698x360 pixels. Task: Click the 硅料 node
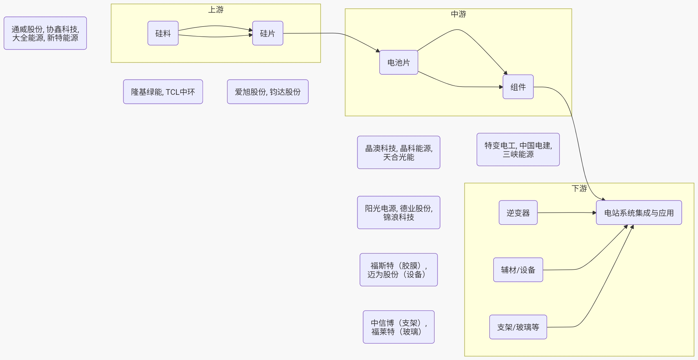[x=163, y=33]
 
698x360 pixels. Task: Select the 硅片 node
[x=268, y=33]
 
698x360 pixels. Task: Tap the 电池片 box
[x=398, y=62]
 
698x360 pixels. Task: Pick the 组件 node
[x=518, y=87]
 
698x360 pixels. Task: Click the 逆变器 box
[x=518, y=213]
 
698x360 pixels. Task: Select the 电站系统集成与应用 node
[x=639, y=213]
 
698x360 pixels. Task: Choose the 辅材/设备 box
[x=518, y=270]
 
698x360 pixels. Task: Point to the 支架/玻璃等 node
[x=518, y=327]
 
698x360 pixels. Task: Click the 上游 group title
[x=216, y=10]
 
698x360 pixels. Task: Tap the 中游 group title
[x=458, y=14]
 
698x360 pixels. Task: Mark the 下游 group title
[x=579, y=188]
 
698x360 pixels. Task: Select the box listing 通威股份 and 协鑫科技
[x=45, y=33]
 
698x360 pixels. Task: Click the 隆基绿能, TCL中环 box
[x=163, y=92]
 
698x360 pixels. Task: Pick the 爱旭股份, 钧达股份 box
[x=268, y=92]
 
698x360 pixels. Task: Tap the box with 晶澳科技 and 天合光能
[x=398, y=153]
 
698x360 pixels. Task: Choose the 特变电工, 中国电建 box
[x=518, y=150]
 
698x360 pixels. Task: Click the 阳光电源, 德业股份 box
[x=398, y=213]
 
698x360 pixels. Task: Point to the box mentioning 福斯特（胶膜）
[x=398, y=270]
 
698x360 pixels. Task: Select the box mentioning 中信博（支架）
[x=398, y=327]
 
